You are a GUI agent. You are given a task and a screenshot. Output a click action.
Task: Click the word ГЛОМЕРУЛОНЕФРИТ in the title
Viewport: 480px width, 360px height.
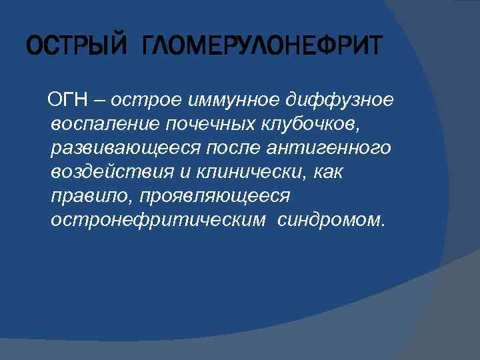click(263, 47)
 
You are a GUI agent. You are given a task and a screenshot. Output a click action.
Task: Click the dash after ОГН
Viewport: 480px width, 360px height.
click(99, 100)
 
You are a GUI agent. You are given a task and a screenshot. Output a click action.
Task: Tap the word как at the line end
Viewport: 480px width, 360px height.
click(326, 172)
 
